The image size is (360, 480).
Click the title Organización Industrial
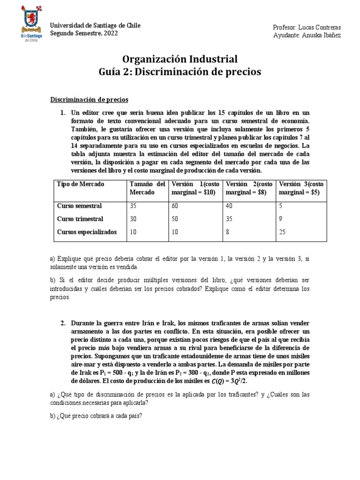coord(180,59)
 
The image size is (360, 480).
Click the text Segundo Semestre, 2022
coord(84,34)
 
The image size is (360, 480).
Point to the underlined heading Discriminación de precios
coord(89,99)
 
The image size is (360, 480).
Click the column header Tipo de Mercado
coord(81,184)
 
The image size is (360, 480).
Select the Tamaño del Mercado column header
coord(147,188)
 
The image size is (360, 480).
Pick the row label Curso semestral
coord(79,206)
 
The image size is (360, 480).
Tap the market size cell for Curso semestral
coord(133,206)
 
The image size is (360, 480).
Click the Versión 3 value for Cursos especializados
coord(282,232)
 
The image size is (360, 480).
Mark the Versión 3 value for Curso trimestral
coord(280,219)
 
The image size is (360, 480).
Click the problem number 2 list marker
coord(63,323)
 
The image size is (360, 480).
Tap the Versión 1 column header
coord(196,188)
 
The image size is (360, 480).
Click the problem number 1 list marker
coord(63,113)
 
